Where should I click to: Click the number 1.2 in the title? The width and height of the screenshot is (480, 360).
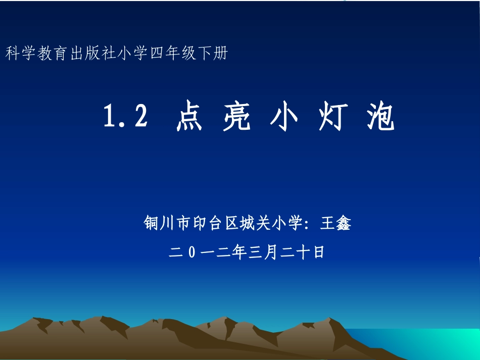coord(126,117)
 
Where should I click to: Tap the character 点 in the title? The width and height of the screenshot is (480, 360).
coord(189,118)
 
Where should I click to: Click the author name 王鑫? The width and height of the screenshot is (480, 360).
coord(335,223)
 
